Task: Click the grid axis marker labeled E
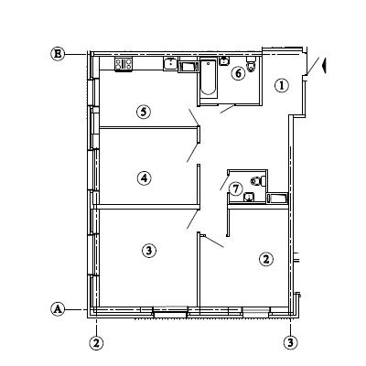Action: (x=58, y=54)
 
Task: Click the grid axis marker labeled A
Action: (x=58, y=309)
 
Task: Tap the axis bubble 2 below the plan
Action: (x=96, y=343)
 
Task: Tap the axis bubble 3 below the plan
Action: (x=290, y=342)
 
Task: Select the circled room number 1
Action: (x=282, y=85)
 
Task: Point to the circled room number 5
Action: (x=144, y=112)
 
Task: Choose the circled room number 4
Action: (x=144, y=178)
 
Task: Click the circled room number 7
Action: (x=235, y=189)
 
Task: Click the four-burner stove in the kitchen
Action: (x=124, y=64)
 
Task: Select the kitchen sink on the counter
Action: (x=170, y=64)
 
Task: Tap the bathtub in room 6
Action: (x=209, y=79)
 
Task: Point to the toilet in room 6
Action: (x=252, y=64)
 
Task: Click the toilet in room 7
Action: (x=258, y=181)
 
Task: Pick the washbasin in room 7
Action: (x=250, y=197)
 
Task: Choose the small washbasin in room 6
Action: (x=224, y=60)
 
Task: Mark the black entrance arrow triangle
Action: (x=324, y=66)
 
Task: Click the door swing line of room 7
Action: (x=224, y=181)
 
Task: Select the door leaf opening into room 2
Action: (x=214, y=242)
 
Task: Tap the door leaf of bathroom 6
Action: (x=227, y=109)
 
